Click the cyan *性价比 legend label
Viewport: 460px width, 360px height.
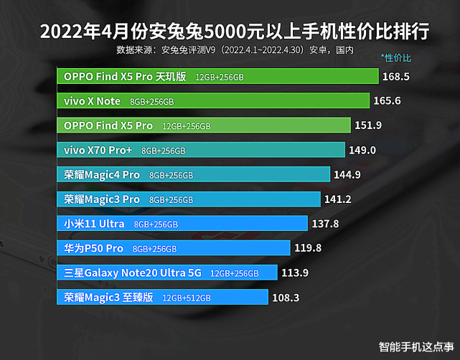(x=396, y=57)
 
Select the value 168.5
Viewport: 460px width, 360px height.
(x=396, y=76)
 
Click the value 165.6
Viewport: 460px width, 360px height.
(x=387, y=101)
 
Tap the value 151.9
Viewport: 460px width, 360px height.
(x=367, y=125)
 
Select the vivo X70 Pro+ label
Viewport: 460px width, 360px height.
(x=98, y=151)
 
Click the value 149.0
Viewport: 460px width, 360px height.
(x=362, y=151)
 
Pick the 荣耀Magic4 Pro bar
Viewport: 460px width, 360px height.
(x=193, y=175)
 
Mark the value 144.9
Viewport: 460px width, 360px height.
(x=347, y=175)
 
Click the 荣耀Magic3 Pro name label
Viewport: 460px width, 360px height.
(x=101, y=199)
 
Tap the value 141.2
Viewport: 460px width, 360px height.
(x=338, y=199)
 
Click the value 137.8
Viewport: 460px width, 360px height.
(x=325, y=224)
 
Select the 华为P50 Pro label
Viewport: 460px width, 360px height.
(x=93, y=249)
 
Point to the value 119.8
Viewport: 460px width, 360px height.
(x=307, y=249)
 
